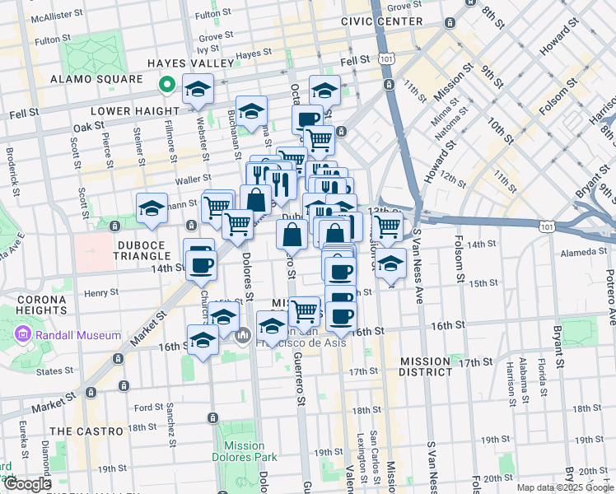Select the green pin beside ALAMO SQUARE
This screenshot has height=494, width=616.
166,82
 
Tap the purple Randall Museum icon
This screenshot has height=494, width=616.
22,335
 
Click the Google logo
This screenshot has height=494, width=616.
27,484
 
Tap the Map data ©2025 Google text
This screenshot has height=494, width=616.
564,487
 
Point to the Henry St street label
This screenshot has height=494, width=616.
101,292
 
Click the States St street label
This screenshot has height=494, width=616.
54,371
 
